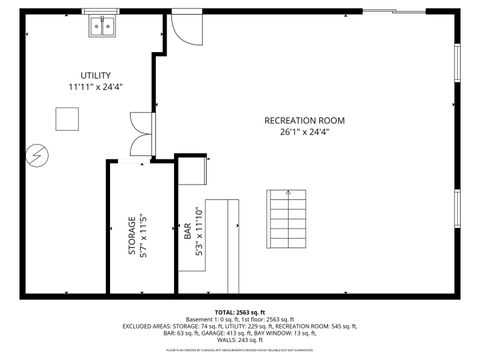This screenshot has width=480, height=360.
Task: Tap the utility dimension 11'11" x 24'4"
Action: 96,88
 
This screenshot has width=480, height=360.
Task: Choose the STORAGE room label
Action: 132,236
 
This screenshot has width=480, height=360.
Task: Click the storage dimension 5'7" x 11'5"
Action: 144,236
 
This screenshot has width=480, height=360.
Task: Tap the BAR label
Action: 187,232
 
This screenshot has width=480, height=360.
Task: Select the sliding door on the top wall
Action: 392,12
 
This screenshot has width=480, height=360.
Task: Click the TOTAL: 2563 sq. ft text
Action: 240,312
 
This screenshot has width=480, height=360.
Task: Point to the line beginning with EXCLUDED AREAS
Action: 240,326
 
